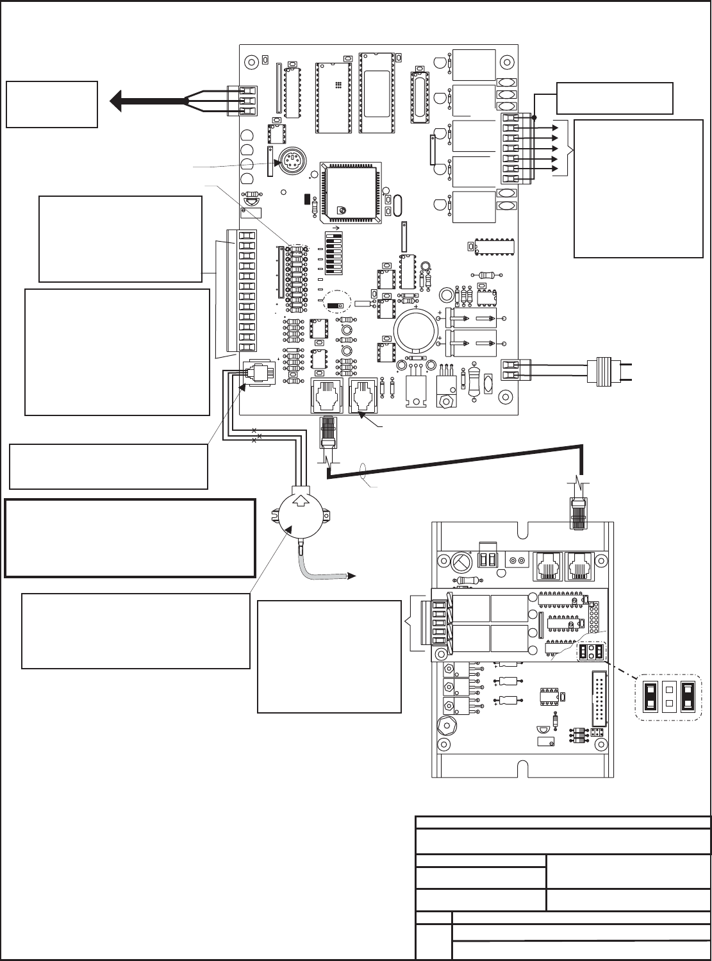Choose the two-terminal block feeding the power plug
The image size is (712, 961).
[511, 370]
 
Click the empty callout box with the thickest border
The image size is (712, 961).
[131, 538]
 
